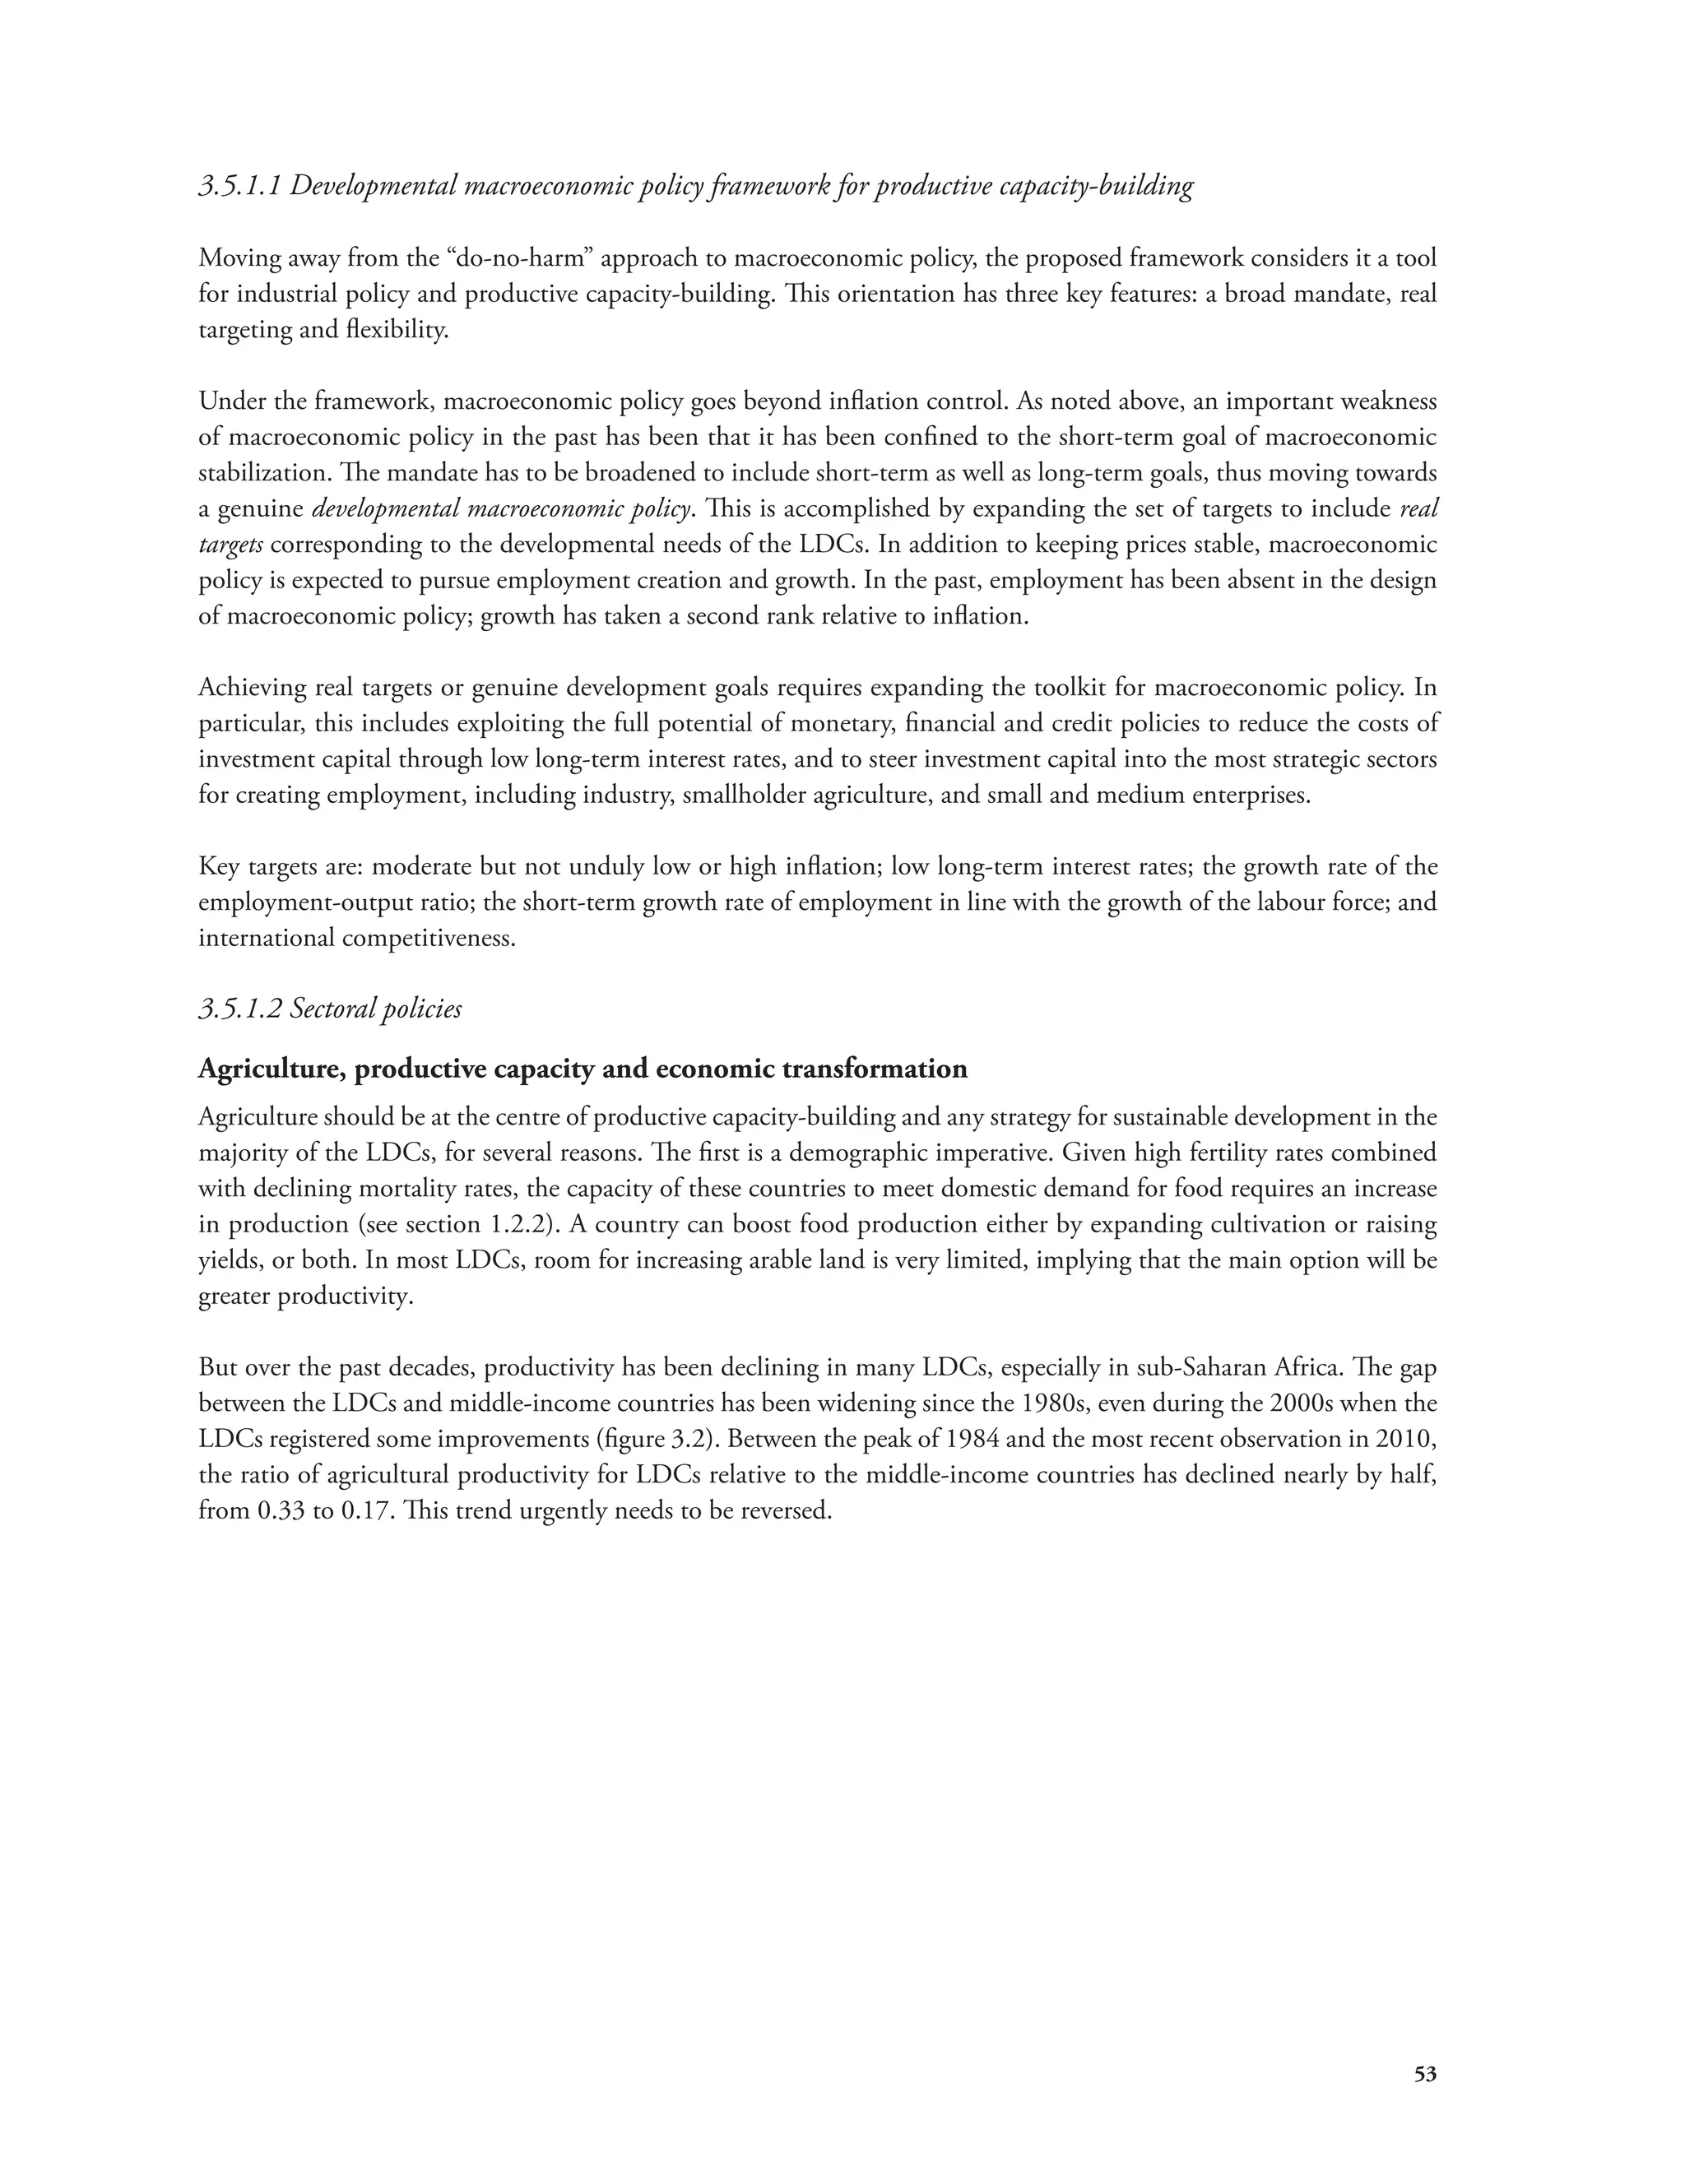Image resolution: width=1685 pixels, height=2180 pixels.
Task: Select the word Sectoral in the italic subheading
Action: coord(336,1009)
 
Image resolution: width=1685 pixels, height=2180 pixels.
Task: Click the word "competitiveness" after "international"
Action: coord(429,939)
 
